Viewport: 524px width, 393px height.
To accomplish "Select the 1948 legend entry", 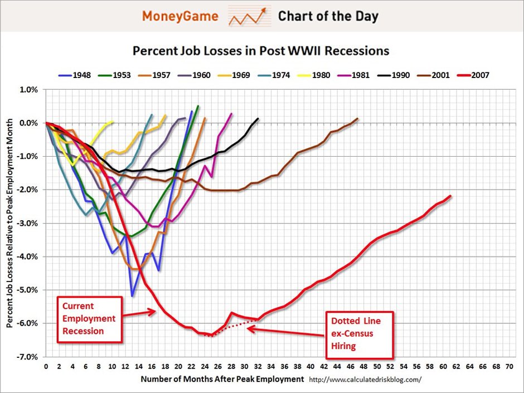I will point(78,75).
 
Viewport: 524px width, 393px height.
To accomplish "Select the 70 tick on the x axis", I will point(508,367).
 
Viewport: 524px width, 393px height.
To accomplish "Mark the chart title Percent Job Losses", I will point(261,51).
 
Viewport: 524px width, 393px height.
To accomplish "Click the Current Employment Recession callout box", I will point(89,318).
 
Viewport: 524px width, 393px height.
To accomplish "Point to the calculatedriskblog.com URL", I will point(365,380).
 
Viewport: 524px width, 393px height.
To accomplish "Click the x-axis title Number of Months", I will point(222,379).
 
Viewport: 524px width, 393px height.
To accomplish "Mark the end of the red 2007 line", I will point(450,196).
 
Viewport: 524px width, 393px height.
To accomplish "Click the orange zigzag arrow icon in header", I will point(248,17).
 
